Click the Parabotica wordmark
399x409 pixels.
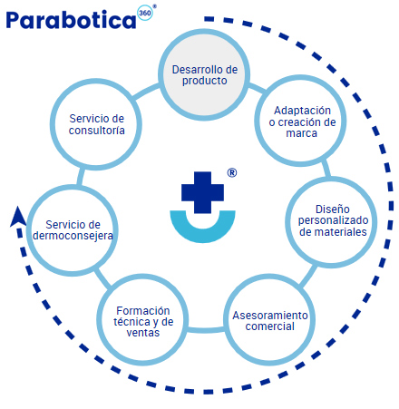pyautogui.click(x=71, y=20)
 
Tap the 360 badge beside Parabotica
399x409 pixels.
pyautogui.click(x=145, y=14)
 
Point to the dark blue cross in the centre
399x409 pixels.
pyautogui.click(x=202, y=192)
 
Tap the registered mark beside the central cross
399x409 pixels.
pyautogui.click(x=232, y=172)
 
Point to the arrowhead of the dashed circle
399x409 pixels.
pyautogui.click(x=17, y=217)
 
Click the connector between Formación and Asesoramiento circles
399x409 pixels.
pyautogui.click(x=206, y=330)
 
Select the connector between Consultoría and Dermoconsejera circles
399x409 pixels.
pyautogui.click(x=80, y=177)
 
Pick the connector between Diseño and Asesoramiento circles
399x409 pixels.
pyautogui.click(x=308, y=275)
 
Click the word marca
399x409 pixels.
pyautogui.click(x=301, y=133)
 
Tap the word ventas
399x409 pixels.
pyautogui.click(x=142, y=333)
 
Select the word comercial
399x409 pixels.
pyautogui.click(x=269, y=326)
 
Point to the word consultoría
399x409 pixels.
pyautogui.click(x=96, y=131)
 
